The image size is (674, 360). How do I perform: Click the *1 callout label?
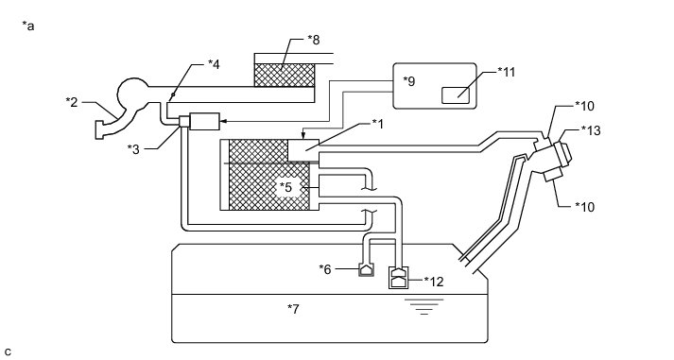pos(378,124)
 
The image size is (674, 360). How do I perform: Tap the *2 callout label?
pos(71,102)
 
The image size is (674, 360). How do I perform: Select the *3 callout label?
pos(133,149)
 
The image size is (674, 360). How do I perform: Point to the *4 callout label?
pos(214,64)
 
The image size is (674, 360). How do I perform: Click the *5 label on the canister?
pos(285,187)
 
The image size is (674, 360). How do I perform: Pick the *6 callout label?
pos(325,269)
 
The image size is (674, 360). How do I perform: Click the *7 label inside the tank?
pos(293,308)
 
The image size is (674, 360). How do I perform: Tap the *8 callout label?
pos(314,40)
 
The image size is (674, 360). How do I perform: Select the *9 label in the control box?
pos(409,81)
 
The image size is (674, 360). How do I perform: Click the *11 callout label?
pos(507,72)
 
